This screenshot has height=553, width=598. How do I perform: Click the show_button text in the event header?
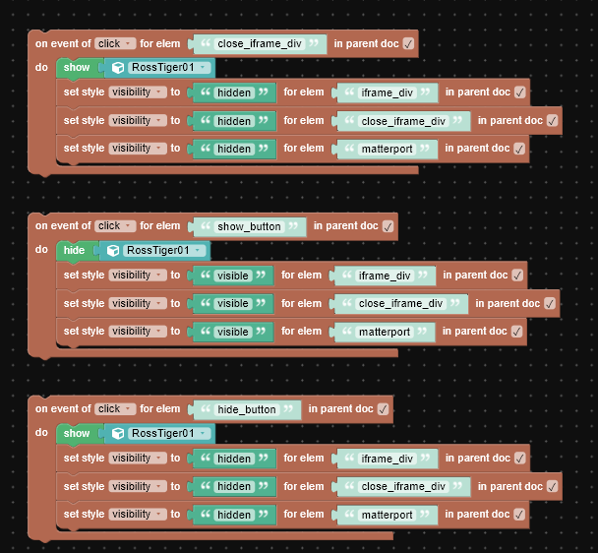(x=249, y=226)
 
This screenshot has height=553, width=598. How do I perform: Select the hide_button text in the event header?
(x=246, y=409)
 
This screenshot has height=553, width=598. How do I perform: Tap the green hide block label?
(x=74, y=250)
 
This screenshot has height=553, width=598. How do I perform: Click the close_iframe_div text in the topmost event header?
(x=260, y=44)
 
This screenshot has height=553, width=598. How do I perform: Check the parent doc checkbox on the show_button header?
(x=388, y=226)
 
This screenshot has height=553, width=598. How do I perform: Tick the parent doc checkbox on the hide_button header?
(x=383, y=409)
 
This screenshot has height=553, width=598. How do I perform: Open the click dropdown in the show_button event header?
(x=115, y=226)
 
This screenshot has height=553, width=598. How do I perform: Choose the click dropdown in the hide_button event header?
(x=115, y=408)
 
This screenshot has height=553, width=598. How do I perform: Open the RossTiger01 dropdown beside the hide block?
(x=164, y=250)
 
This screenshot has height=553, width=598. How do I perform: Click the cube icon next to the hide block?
(x=113, y=251)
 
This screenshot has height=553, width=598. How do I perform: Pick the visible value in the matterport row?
(x=233, y=332)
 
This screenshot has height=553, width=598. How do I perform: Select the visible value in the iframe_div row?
(x=233, y=276)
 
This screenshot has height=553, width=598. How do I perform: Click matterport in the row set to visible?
(x=385, y=332)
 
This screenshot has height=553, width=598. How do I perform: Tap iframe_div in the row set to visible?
(x=385, y=276)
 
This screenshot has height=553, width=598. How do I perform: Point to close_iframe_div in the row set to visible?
(x=400, y=304)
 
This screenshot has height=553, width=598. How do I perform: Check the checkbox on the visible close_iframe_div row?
(x=550, y=304)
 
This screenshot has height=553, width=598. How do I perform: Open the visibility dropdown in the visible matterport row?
(x=138, y=332)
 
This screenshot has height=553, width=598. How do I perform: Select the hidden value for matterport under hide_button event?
(x=234, y=515)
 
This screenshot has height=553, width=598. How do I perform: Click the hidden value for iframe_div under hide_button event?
(x=234, y=459)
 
